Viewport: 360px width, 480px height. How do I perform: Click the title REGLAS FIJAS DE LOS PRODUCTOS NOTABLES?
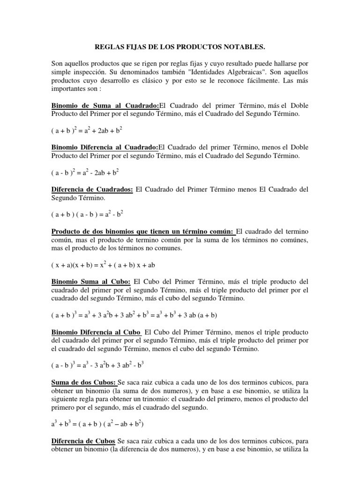point(180,47)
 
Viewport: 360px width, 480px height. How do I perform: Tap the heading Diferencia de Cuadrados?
point(92,189)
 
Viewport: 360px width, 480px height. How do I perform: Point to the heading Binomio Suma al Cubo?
point(90,282)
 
